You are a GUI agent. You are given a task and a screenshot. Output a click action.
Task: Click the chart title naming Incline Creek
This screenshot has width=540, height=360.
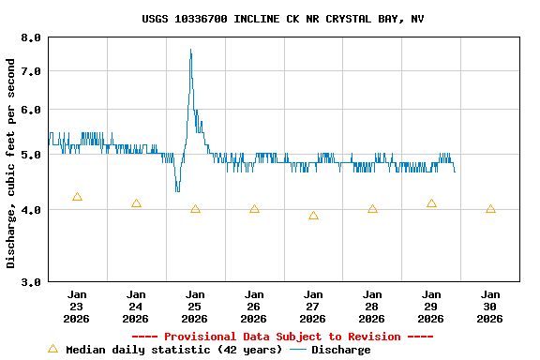coord(282,19)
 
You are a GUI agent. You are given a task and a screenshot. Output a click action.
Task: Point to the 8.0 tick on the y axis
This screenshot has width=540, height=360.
coord(31,37)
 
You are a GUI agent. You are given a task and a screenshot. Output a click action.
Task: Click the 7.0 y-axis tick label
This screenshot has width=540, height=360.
coord(31,71)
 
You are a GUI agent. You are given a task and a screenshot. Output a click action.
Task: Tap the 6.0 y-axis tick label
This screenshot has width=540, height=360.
coord(31,110)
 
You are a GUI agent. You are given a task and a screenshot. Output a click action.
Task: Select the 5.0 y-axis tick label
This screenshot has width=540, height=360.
coord(31,155)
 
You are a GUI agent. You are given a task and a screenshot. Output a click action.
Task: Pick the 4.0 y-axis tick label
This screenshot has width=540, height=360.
coord(31,210)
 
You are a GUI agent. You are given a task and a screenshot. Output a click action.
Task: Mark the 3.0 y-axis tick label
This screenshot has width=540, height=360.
coord(31,281)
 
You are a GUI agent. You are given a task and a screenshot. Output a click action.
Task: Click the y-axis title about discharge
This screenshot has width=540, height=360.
coord(11,163)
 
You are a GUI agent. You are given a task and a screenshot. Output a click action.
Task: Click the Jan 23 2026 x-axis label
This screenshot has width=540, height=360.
coord(77,306)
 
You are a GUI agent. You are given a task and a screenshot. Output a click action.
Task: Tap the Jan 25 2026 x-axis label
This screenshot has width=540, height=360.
coord(195,306)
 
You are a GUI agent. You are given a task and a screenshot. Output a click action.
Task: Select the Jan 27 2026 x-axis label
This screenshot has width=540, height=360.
coord(313,306)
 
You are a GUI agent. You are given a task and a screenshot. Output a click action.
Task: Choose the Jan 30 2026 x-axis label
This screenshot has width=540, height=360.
coord(490,306)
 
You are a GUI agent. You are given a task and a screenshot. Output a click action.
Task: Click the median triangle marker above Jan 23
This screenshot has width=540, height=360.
coord(77,197)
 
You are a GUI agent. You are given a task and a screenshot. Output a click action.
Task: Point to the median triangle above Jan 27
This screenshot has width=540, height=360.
coord(313,216)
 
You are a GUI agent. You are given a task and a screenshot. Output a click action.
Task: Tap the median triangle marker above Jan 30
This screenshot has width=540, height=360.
coord(490,209)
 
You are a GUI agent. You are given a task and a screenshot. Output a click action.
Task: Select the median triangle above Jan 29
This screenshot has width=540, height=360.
coord(431,203)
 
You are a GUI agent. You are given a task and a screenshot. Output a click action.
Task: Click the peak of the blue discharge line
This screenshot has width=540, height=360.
coord(190,50)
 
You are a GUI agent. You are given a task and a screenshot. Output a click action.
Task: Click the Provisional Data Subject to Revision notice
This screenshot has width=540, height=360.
coord(282,337)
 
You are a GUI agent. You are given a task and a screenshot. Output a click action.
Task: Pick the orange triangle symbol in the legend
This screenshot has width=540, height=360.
coord(52,349)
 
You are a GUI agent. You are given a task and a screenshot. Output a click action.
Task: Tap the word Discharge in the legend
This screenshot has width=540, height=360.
coord(340,350)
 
